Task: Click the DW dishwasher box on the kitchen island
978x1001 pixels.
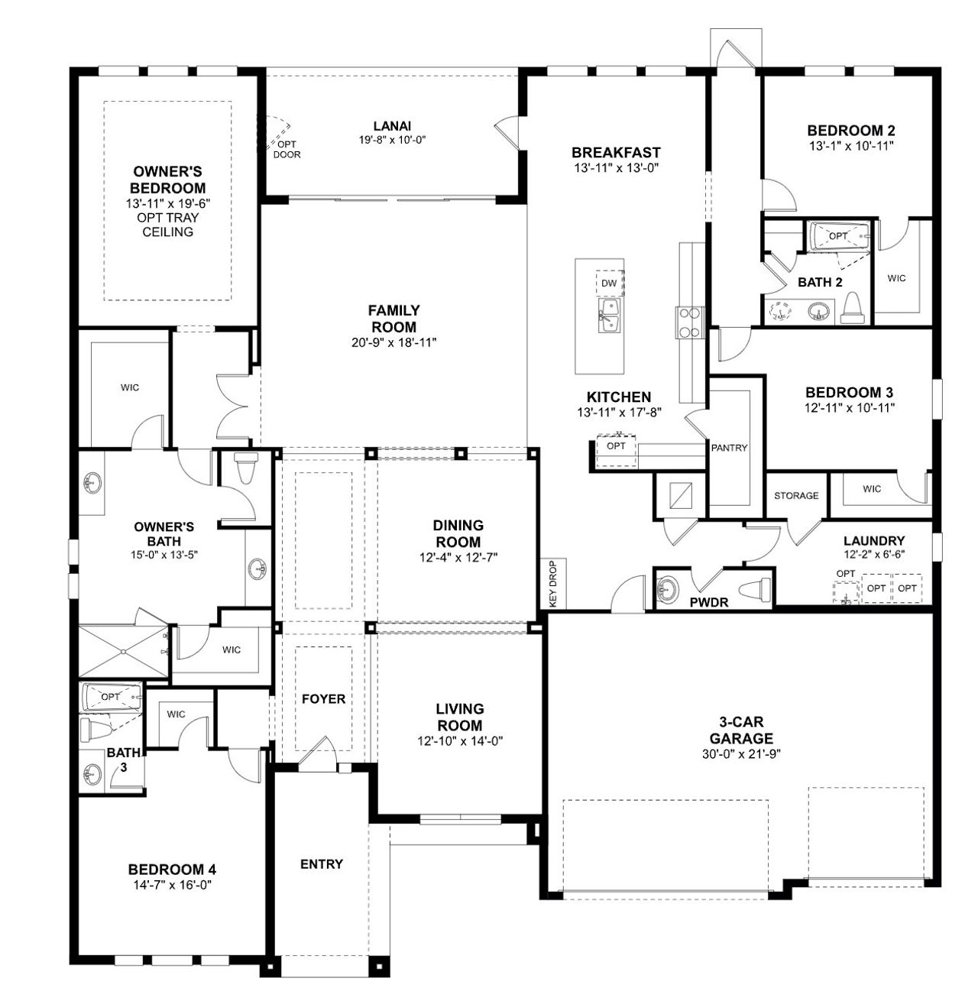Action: point(609,283)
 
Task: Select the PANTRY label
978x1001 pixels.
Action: point(729,448)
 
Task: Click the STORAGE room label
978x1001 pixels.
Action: point(796,496)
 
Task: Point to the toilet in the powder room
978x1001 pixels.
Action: point(759,589)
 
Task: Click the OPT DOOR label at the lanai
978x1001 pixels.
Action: point(287,149)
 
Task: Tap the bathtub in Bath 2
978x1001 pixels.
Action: point(839,236)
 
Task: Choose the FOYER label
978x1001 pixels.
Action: point(323,699)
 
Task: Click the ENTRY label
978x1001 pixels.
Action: point(322,864)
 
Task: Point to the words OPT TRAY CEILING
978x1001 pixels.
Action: point(168,225)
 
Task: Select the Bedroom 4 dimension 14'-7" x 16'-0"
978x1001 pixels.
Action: point(172,885)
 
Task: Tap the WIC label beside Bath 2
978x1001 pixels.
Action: point(897,278)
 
